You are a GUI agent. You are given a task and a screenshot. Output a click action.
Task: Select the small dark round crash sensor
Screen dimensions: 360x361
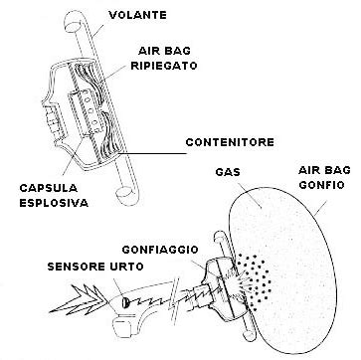click(121, 297)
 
